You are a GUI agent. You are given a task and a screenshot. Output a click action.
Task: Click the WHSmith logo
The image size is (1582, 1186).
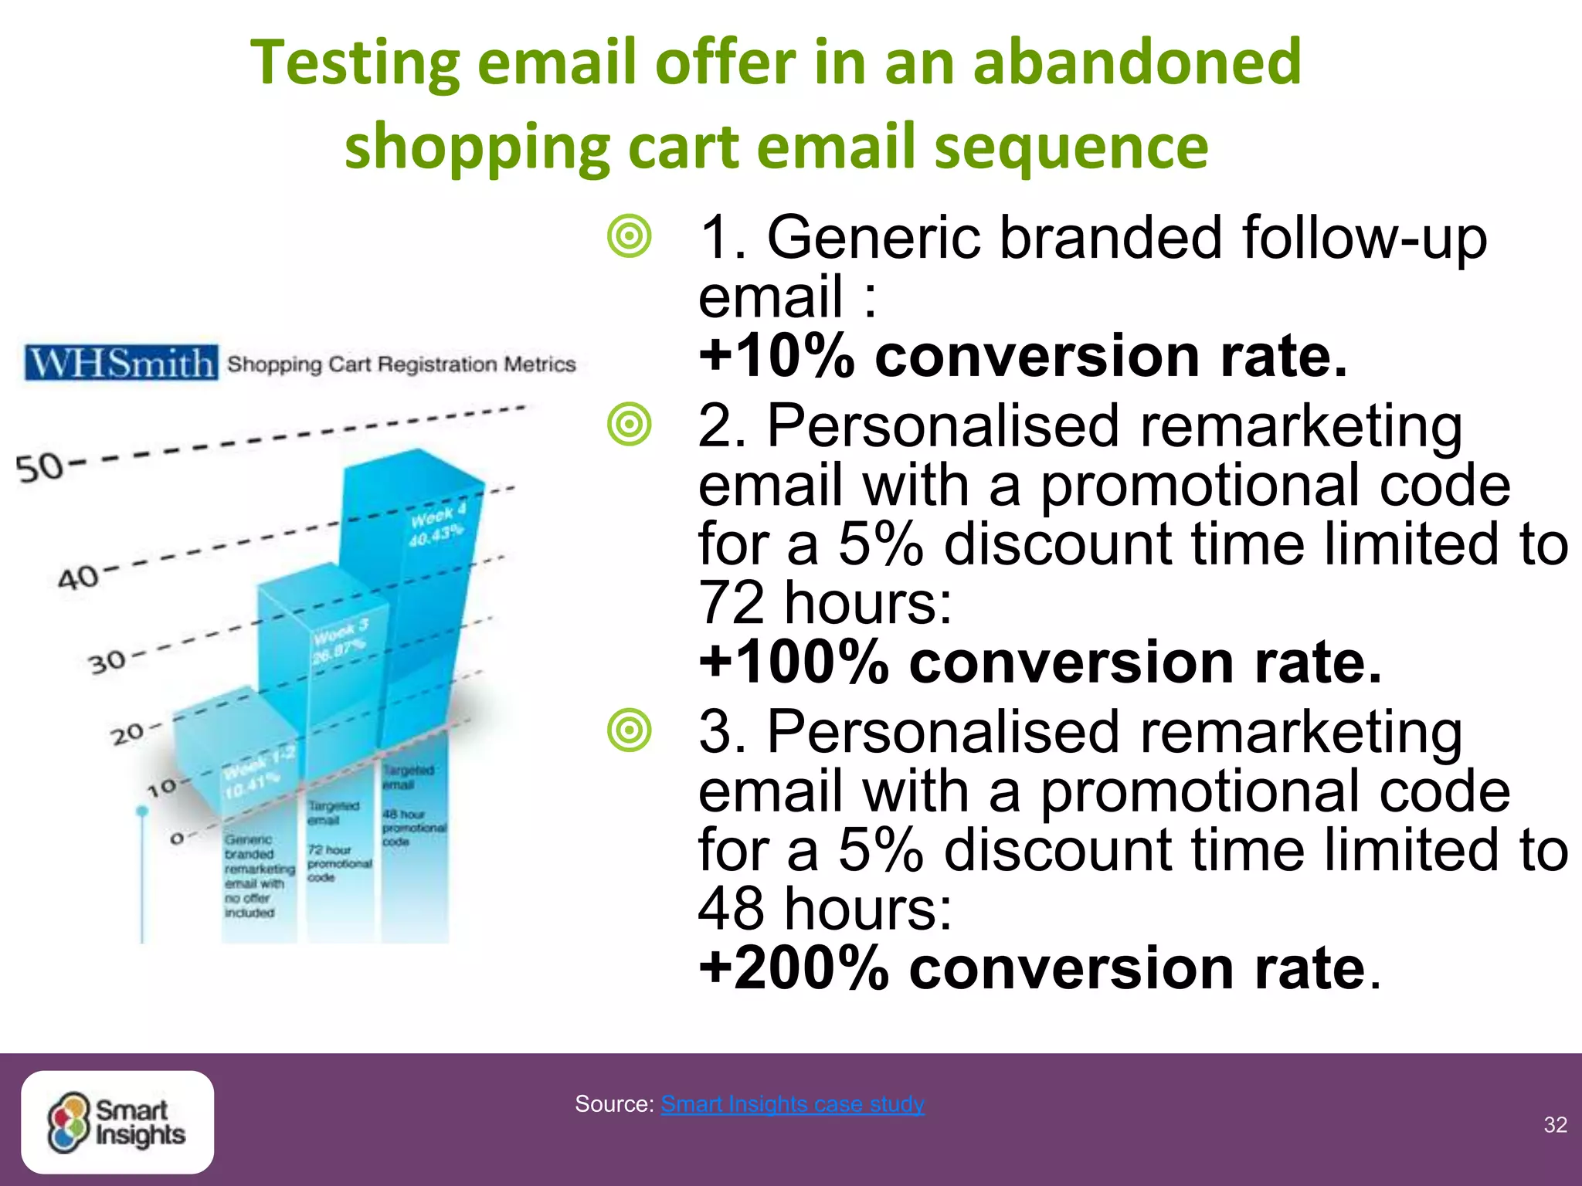tap(121, 362)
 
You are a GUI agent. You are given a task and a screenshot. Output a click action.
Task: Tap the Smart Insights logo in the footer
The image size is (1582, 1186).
tap(117, 1122)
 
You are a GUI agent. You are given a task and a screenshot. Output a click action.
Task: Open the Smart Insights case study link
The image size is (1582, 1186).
tap(792, 1103)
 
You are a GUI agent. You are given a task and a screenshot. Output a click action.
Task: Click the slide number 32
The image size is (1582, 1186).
tap(1555, 1124)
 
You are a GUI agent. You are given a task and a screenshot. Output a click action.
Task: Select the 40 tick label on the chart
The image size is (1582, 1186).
tap(78, 577)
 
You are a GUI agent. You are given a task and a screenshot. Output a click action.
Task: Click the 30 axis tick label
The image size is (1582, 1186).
tap(107, 662)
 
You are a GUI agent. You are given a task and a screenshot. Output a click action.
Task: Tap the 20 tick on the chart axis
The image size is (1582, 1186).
tap(127, 734)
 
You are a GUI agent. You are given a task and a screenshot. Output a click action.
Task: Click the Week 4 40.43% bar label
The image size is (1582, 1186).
tap(437, 525)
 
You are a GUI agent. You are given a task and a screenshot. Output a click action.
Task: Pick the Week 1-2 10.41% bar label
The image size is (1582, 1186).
tap(257, 773)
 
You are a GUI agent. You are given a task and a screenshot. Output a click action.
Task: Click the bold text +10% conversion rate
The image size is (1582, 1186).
tap(1022, 356)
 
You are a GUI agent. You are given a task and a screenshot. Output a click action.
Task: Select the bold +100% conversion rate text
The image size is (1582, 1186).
tap(1039, 662)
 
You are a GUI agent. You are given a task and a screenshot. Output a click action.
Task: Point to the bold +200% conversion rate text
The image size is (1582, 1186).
tap(1039, 968)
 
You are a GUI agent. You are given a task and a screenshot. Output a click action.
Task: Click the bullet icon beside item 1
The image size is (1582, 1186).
tap(630, 236)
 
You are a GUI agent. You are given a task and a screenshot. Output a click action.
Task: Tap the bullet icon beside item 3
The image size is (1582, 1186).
tap(630, 730)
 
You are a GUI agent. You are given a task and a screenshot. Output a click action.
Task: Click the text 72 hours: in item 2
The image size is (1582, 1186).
tap(824, 603)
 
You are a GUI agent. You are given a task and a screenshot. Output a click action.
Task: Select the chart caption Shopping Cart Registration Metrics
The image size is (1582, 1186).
tap(401, 364)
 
